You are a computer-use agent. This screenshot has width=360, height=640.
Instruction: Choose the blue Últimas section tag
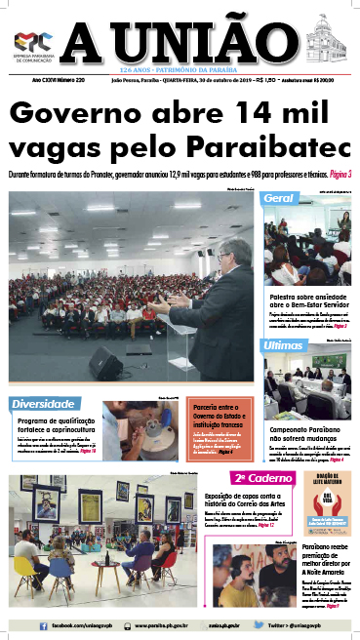click(284, 346)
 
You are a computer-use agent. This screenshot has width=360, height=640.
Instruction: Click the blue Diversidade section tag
click(44, 403)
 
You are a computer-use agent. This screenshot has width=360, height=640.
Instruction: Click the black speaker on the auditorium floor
click(105, 363)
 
